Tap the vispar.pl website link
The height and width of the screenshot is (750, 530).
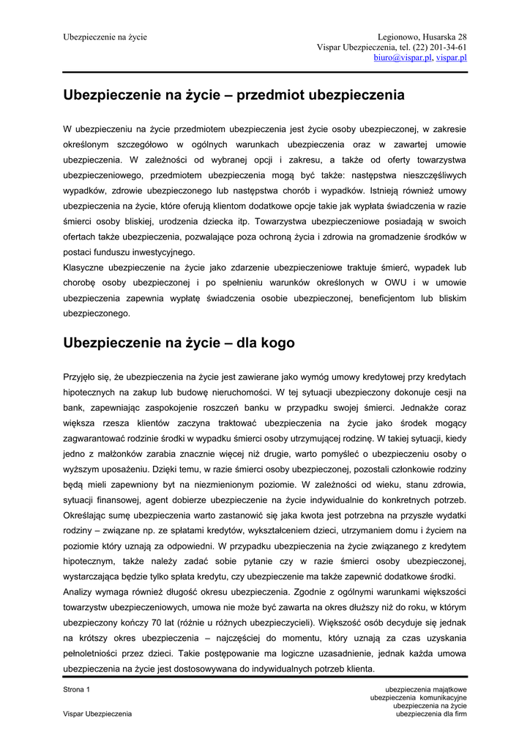tap(452, 57)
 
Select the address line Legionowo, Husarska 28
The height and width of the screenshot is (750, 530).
tap(422, 37)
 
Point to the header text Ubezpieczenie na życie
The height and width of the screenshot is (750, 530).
tap(105, 37)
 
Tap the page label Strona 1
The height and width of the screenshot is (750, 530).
tap(77, 689)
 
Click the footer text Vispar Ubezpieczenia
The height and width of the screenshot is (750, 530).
tap(97, 713)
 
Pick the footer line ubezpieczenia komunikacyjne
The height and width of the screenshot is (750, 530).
tap(419, 697)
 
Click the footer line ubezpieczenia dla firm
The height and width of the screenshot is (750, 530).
tap(431, 713)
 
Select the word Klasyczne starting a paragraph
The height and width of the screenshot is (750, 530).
tap(86, 267)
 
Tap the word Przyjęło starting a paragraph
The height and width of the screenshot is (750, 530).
tap(84, 376)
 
